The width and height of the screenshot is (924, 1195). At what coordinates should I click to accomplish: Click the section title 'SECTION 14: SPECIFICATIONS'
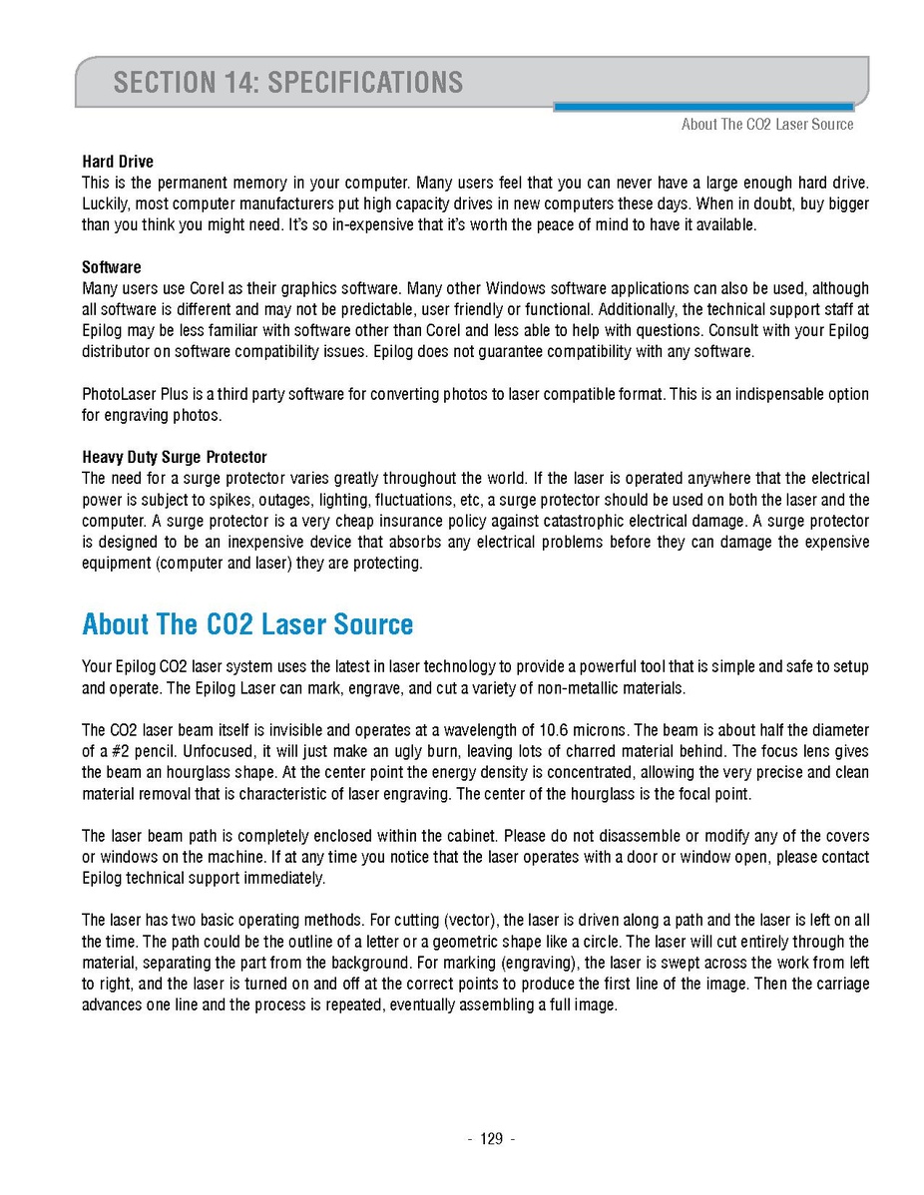[287, 82]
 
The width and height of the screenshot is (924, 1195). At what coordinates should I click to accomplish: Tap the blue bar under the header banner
[702, 107]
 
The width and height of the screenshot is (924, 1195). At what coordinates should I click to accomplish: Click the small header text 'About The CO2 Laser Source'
[766, 125]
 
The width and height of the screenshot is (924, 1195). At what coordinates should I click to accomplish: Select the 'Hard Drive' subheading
[118, 162]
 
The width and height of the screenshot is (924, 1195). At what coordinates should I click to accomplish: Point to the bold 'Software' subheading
[112, 267]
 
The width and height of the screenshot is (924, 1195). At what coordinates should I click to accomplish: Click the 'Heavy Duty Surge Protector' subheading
[175, 458]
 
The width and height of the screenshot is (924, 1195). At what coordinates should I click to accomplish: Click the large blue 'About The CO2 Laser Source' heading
[247, 625]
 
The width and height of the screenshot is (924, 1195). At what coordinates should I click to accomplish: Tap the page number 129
[491, 1139]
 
